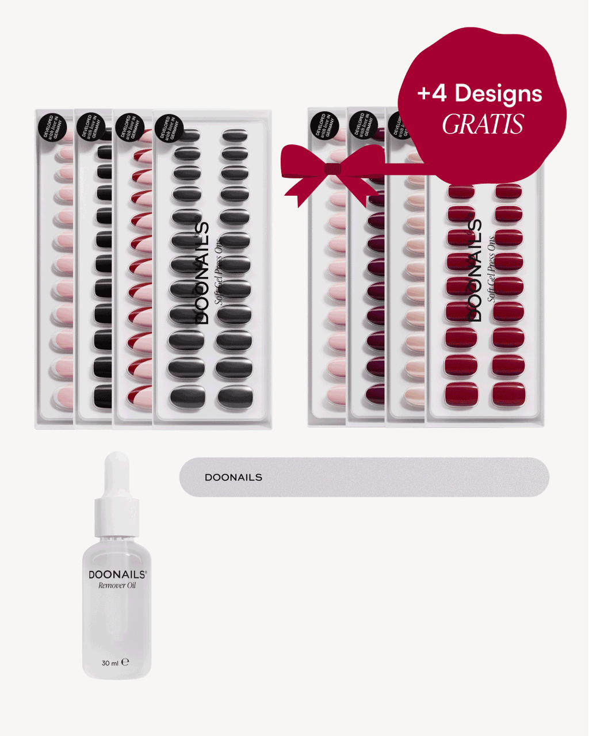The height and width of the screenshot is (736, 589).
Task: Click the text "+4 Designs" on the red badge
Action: pos(480,93)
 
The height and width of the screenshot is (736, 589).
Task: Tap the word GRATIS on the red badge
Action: pos(483,124)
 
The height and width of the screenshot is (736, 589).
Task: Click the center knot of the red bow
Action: pos(332,169)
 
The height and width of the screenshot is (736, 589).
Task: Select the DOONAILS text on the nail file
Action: pos(233,478)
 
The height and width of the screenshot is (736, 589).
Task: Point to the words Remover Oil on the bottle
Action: pos(117,586)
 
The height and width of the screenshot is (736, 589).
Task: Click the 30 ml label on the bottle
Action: pos(110,663)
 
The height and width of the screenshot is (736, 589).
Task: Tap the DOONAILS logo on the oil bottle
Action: pos(117,574)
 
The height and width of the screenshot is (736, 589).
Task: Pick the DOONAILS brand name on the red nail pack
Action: pos(475,270)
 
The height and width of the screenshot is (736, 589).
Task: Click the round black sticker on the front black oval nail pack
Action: pos(169,128)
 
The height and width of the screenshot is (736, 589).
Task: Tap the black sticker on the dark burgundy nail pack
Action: pos(362,125)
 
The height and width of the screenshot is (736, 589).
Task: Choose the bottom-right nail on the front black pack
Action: pos(235,396)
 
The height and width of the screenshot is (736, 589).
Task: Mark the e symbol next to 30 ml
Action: pos(125,662)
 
